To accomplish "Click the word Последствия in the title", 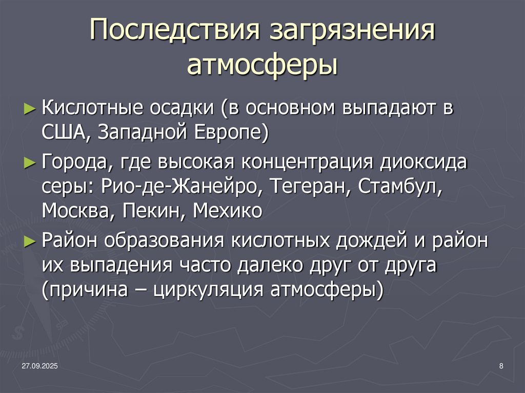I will click(172, 34).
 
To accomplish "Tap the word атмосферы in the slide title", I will click(262, 65).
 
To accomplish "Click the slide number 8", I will click(500, 365).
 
